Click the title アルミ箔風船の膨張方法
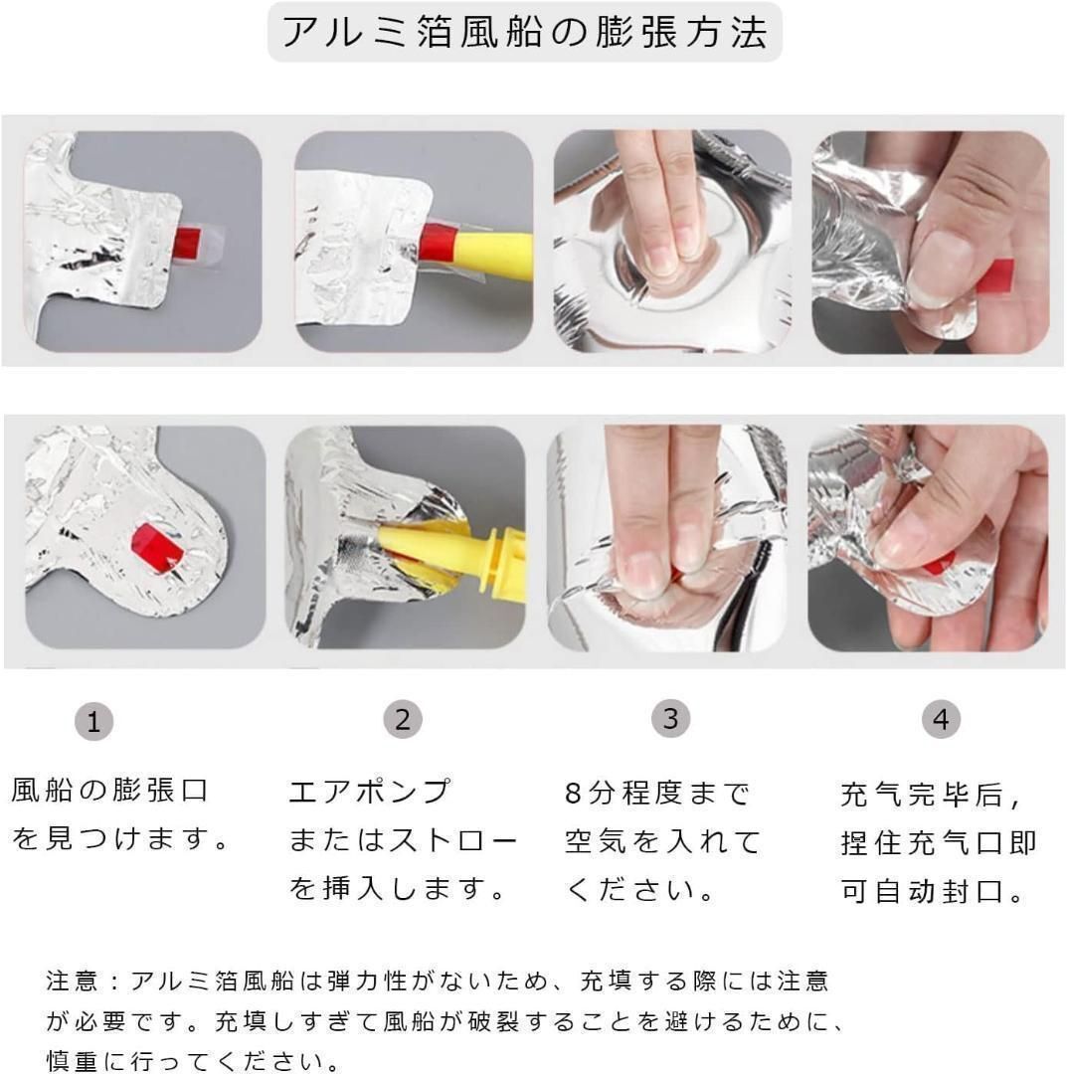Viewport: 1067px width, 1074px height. coord(525,32)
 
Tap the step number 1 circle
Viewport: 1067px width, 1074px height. coord(93,721)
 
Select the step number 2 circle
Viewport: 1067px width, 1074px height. coord(403,719)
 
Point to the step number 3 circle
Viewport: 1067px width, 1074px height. coord(670,719)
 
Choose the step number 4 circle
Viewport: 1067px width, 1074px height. coord(941,719)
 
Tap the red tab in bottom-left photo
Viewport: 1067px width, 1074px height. coord(156,549)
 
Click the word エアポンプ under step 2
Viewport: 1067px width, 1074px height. coord(370,792)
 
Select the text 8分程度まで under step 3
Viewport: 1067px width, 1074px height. coord(657,794)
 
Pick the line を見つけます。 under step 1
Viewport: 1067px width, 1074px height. coord(120,838)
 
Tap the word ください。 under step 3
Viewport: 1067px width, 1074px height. coord(640,890)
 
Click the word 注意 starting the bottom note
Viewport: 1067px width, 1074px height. coord(72,981)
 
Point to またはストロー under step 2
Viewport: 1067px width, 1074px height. coord(403,839)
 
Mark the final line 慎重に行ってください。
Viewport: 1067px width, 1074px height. coord(193,1061)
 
